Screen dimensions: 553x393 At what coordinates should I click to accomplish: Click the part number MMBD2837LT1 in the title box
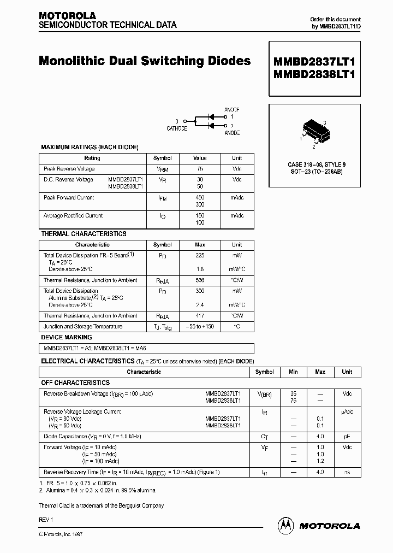point(314,61)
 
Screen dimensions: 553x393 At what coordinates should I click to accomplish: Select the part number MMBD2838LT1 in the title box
point(314,75)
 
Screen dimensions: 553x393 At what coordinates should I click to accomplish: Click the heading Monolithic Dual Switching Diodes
point(145,61)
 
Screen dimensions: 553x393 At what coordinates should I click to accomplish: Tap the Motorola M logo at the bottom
point(285,525)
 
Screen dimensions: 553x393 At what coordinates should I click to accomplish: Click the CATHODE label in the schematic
point(177,128)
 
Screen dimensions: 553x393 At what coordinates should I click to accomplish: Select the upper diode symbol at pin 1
point(213,116)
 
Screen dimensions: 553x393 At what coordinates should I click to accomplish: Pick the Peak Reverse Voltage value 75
point(200,169)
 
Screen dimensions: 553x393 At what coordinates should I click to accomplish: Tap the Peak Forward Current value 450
point(200,198)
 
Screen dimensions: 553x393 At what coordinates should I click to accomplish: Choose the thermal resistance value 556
point(200,280)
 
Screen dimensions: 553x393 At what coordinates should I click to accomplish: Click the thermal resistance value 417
point(200,316)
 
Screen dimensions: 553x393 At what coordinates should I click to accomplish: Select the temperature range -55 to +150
point(200,326)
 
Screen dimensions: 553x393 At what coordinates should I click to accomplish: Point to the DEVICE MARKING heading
point(67,337)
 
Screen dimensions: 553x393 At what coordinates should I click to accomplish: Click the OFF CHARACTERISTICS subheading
point(75,383)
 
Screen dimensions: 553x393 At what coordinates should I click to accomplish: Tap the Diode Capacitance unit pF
point(347,437)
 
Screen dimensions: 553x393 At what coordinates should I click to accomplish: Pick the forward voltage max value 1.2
point(320,461)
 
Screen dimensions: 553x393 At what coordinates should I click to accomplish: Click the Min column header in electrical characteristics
point(293,372)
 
